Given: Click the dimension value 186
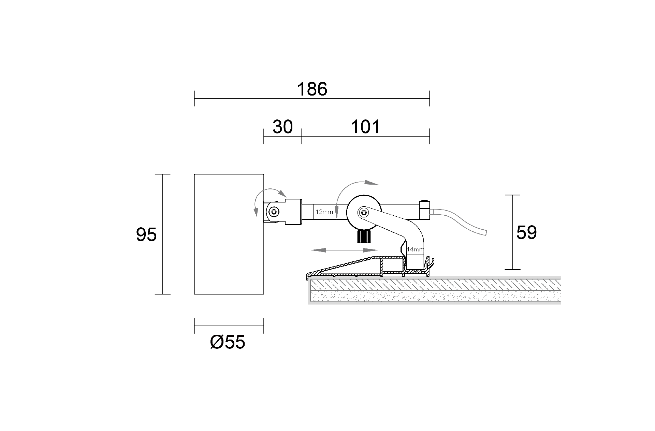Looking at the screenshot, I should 312,89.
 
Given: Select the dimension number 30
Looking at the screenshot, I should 282,127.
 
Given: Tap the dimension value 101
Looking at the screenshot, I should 365,127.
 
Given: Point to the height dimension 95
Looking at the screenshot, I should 146,235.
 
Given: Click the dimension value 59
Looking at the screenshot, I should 526,233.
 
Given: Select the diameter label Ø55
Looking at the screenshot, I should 228,342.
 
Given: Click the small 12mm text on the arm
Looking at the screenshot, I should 324,212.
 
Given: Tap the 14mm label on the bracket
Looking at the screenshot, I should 415,249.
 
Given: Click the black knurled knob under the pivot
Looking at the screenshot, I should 364,236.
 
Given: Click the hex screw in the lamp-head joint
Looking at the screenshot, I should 273,213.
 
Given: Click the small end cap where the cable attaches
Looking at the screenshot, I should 425,210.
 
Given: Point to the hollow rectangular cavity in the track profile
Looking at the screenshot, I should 392,266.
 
